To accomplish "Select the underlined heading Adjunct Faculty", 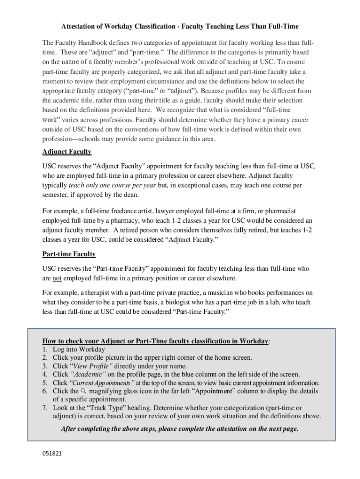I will [67, 152].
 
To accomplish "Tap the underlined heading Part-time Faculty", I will [69, 254].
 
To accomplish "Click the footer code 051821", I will [52, 454].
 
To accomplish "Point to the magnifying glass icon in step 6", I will [84, 391].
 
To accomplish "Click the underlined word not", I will [57, 278].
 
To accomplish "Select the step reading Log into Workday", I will [79, 349].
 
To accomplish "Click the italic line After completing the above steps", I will [180, 428].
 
